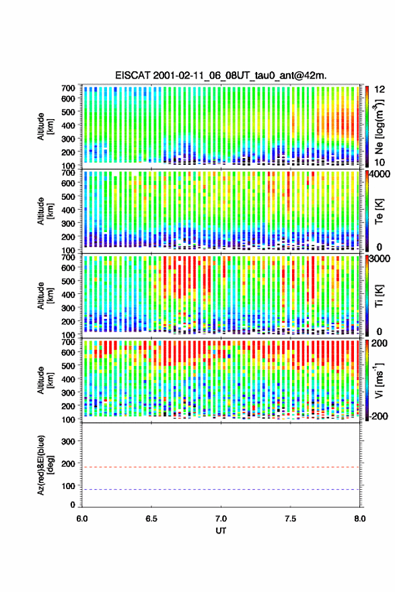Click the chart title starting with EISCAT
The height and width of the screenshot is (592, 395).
click(x=221, y=75)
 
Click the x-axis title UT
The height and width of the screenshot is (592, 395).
click(x=221, y=531)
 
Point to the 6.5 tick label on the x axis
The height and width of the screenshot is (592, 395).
click(x=151, y=519)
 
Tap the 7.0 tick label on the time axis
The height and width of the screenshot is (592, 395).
click(x=221, y=519)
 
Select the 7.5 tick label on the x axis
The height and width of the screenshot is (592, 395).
click(x=291, y=519)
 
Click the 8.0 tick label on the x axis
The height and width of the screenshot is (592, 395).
click(x=360, y=519)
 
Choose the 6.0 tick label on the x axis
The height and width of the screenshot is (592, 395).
click(x=82, y=519)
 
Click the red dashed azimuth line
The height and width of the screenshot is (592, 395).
click(x=221, y=467)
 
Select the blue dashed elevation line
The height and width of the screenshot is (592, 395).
click(x=221, y=489)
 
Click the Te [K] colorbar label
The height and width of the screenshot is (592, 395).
click(x=380, y=211)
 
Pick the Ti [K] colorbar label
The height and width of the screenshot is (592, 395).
click(x=380, y=296)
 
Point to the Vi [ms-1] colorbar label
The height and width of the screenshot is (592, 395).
click(x=379, y=381)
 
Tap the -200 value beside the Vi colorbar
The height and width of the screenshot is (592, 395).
click(x=378, y=416)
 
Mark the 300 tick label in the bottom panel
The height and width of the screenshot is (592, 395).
click(x=69, y=441)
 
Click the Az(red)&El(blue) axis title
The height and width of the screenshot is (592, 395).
click(x=45, y=465)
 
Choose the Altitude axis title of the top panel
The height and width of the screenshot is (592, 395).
click(x=45, y=126)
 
